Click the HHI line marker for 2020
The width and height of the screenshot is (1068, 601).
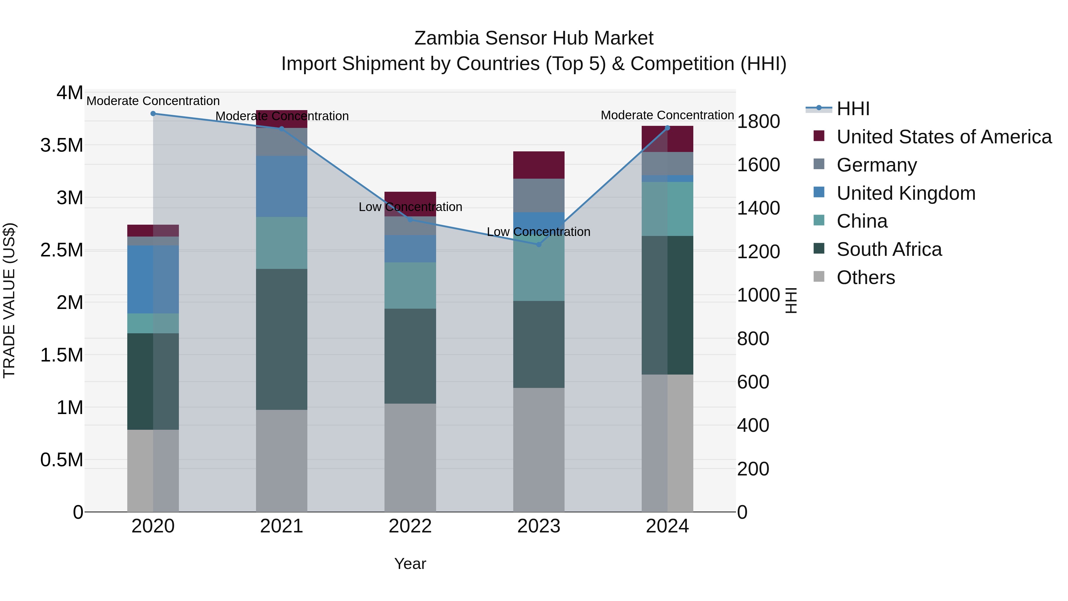153,113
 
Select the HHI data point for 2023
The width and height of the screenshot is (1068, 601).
538,244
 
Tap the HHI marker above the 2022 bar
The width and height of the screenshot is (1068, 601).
410,219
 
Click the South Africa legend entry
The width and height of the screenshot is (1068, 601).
889,249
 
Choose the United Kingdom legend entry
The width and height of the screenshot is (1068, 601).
906,193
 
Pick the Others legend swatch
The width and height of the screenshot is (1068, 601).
819,277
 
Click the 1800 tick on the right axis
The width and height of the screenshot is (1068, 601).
758,121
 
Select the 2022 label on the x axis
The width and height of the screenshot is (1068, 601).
410,526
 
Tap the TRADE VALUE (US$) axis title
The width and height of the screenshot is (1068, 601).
9,300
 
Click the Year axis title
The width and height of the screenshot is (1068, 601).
410,564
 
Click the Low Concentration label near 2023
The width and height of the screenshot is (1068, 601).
538,232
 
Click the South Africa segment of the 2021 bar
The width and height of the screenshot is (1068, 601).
282,339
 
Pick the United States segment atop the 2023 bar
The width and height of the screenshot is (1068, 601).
538,165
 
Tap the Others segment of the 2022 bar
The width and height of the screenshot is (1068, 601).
410,457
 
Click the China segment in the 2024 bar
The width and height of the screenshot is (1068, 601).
667,209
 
